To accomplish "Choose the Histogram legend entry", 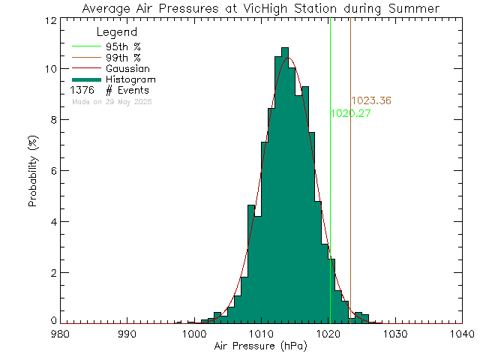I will click(x=130, y=79).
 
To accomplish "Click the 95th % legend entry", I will click(x=123, y=46).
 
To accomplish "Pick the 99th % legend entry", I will click(x=123, y=57).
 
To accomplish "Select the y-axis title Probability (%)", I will click(x=34, y=171).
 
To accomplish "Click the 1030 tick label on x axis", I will click(x=394, y=334).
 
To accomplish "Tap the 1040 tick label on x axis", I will click(x=460, y=334).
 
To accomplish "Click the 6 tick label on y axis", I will click(x=49, y=171).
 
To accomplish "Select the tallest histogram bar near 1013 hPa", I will click(x=284, y=187).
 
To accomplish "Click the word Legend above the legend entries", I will click(x=117, y=33).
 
